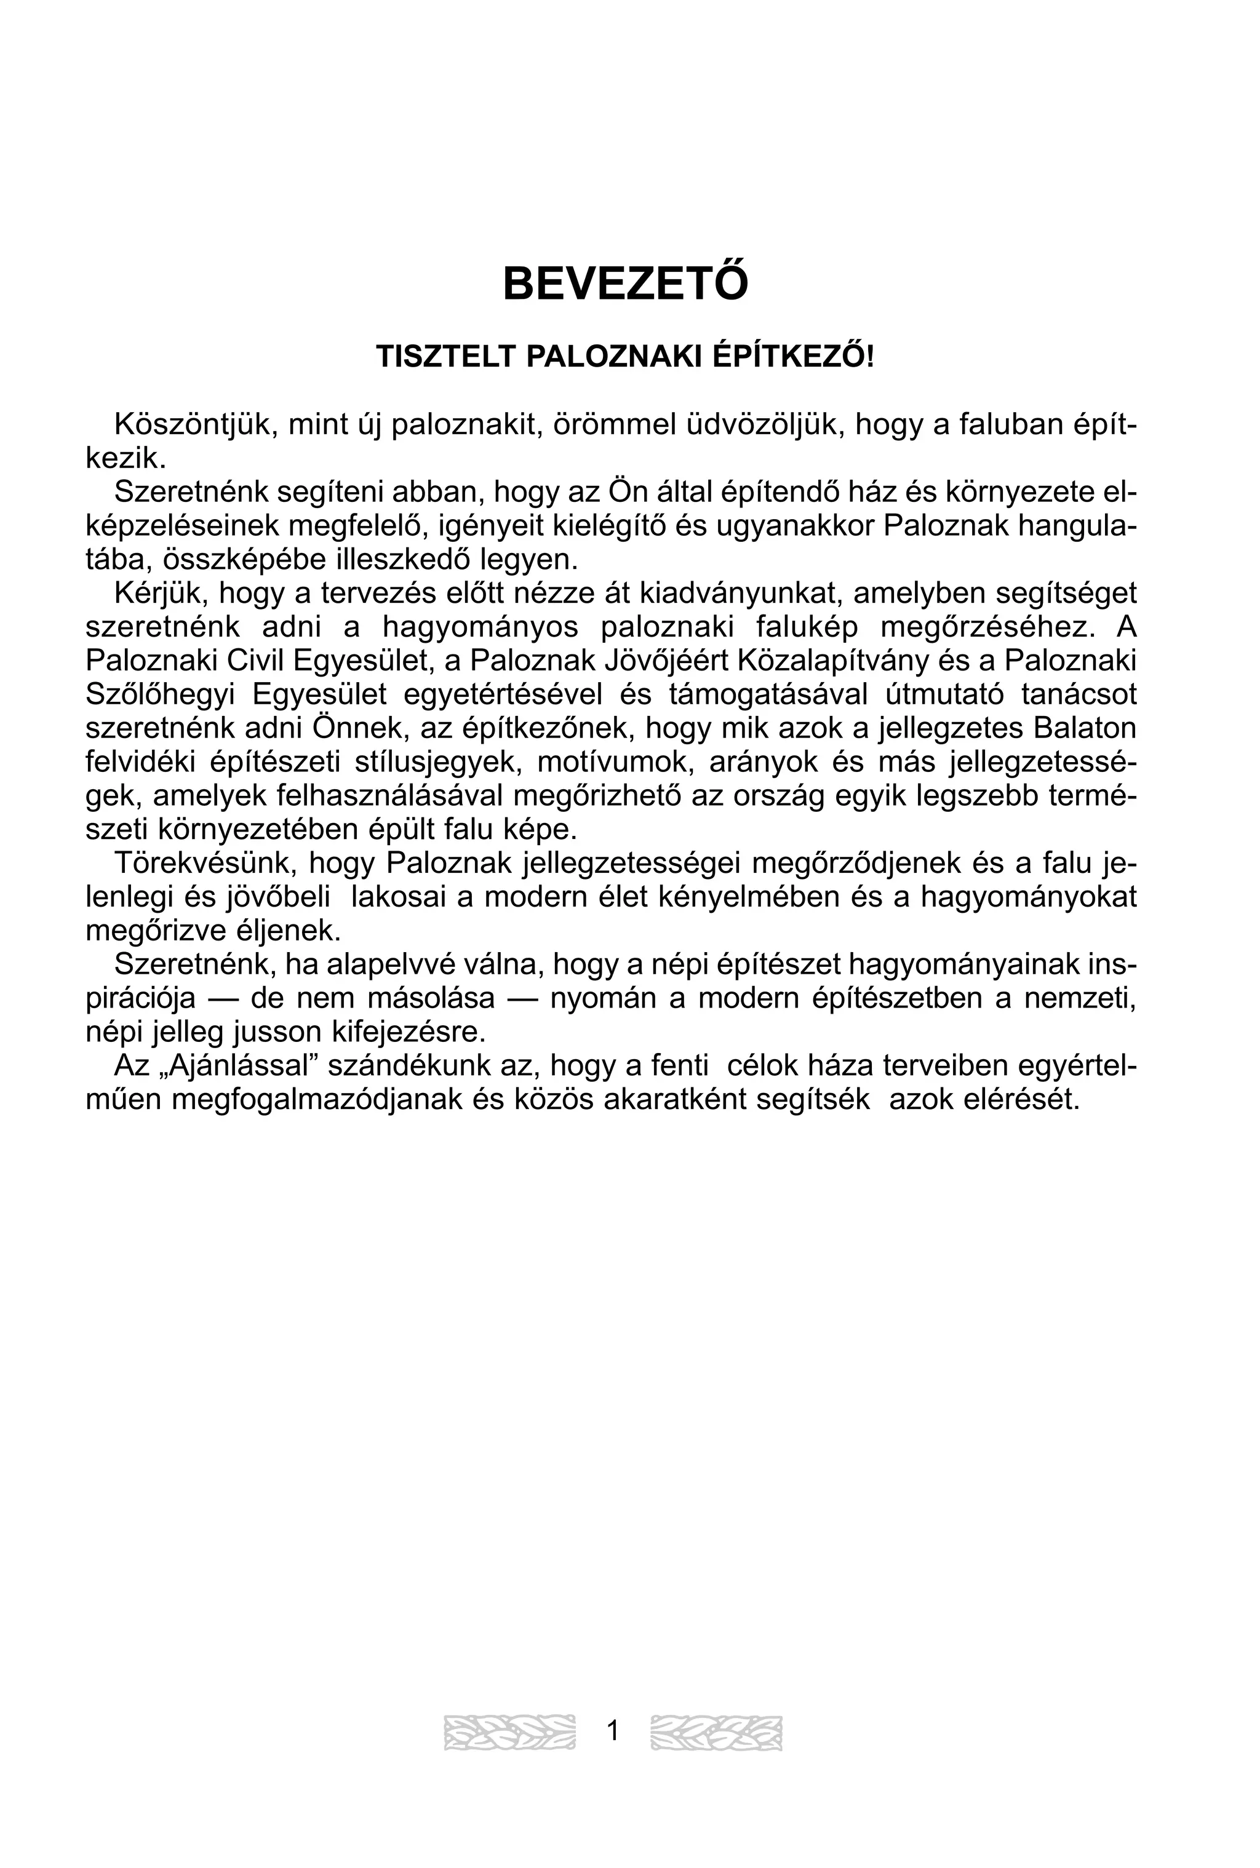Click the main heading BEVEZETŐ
pos(625,284)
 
